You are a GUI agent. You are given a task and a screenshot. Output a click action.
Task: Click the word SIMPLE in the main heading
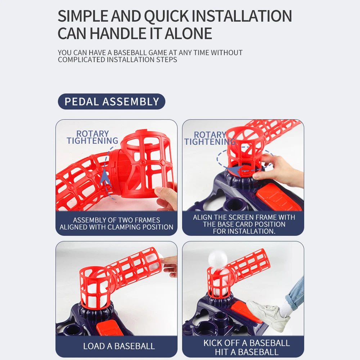[x=83, y=16]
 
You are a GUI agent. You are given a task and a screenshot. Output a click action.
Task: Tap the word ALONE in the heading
[x=188, y=33]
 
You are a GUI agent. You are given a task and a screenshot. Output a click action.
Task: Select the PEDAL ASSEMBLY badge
[x=112, y=102]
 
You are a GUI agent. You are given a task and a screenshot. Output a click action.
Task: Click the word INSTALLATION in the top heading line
[x=242, y=16]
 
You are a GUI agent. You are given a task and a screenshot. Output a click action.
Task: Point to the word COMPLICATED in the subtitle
[x=82, y=60]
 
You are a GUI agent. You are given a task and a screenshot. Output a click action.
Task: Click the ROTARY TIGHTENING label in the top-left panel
[x=93, y=137]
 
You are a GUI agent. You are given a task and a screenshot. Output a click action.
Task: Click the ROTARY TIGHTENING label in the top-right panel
[x=210, y=138]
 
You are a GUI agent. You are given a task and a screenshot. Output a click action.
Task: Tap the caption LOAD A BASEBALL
[x=119, y=346]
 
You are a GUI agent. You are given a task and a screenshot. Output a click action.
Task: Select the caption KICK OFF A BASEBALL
[x=247, y=343]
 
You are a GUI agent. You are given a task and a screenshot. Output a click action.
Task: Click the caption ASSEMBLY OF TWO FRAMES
[x=116, y=220]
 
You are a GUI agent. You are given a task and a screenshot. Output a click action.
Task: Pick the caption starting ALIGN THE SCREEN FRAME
[x=244, y=224]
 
